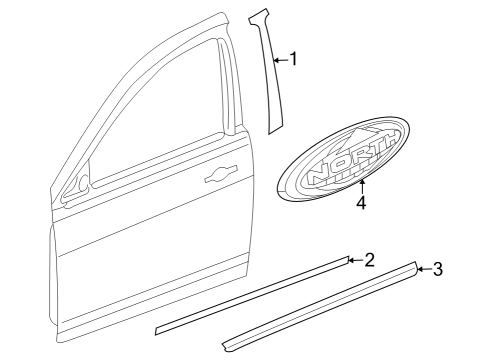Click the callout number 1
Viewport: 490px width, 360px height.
point(294,60)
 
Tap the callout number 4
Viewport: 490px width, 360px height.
point(361,203)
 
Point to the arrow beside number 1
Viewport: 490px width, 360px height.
point(279,60)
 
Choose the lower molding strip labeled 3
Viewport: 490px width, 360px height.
point(320,305)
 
